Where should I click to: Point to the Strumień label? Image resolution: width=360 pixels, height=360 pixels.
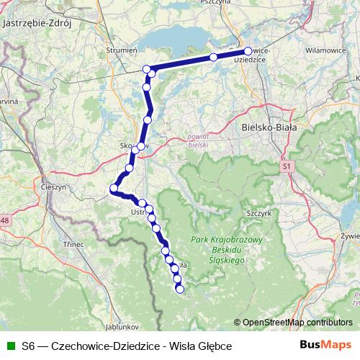tap(121, 50)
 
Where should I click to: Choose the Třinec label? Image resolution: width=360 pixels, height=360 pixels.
tap(73, 244)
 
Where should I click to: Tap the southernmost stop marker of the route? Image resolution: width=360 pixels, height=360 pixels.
tap(180, 289)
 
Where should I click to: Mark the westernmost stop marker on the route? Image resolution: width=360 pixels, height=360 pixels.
tap(113, 189)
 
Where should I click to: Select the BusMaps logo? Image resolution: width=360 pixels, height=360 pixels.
tap(326, 346)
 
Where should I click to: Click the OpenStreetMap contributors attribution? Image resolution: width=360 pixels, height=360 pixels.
tap(296, 323)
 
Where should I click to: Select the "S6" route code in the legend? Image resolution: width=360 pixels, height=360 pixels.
tap(28, 346)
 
